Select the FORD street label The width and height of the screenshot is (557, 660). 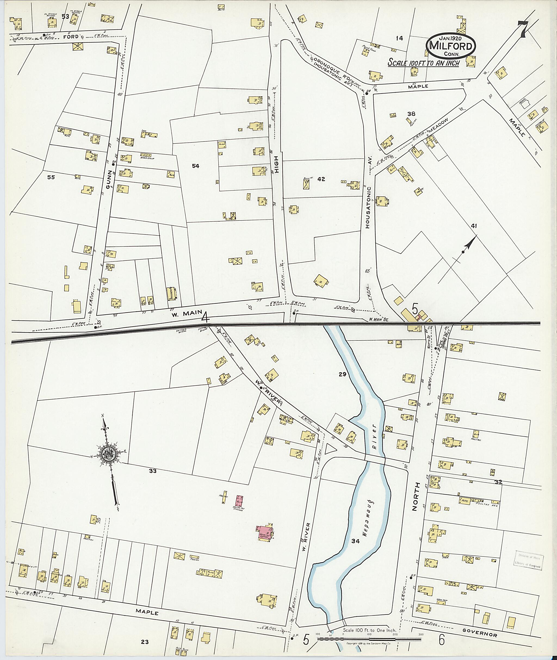pos(70,37)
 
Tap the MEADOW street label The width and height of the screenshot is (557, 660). pos(438,127)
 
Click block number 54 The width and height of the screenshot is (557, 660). pos(196,166)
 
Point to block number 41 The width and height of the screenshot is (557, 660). pos(474,226)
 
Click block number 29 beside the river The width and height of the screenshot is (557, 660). pos(343,374)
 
